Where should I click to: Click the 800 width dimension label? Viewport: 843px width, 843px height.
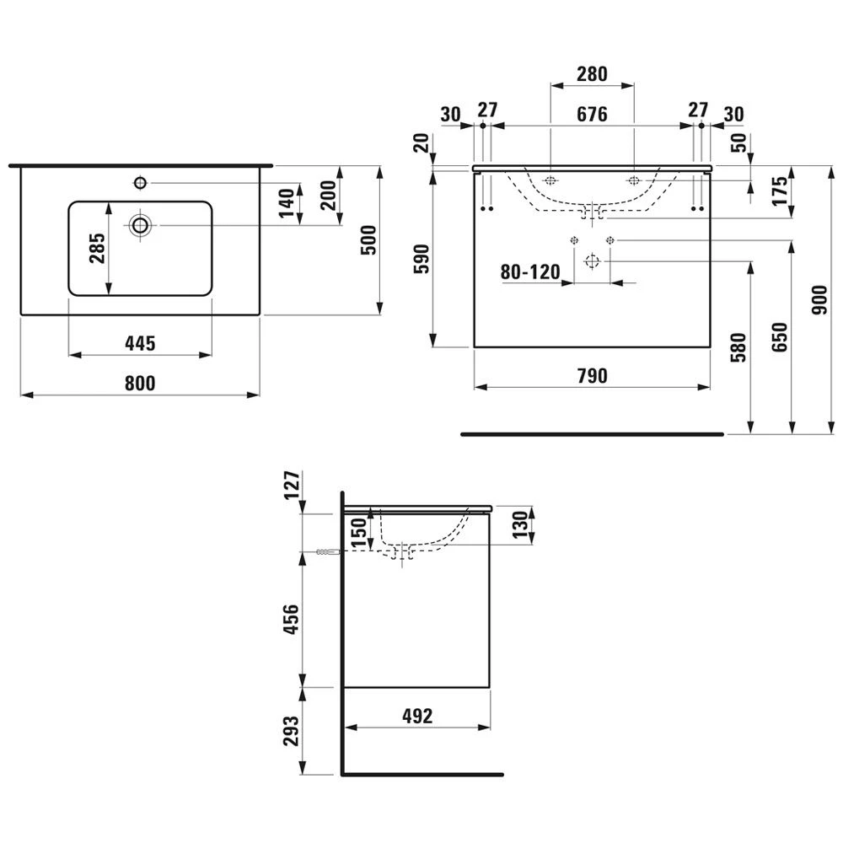click(140, 384)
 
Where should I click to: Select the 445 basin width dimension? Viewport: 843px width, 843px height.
click(140, 343)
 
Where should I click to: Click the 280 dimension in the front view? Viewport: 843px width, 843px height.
click(592, 74)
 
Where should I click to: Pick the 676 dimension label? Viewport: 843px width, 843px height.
click(592, 115)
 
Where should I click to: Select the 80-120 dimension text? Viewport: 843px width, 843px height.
click(530, 272)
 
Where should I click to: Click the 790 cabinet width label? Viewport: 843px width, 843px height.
click(592, 376)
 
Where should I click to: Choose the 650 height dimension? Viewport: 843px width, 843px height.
click(780, 337)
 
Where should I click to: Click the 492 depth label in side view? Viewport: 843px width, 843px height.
click(416, 716)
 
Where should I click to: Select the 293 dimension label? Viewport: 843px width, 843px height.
click(289, 731)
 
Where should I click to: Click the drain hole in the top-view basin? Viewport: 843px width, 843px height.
click(140, 224)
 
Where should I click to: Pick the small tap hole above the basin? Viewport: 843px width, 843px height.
click(140, 181)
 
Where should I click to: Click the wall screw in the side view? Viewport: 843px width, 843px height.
click(327, 552)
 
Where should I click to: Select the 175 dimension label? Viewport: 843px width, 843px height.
click(780, 191)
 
